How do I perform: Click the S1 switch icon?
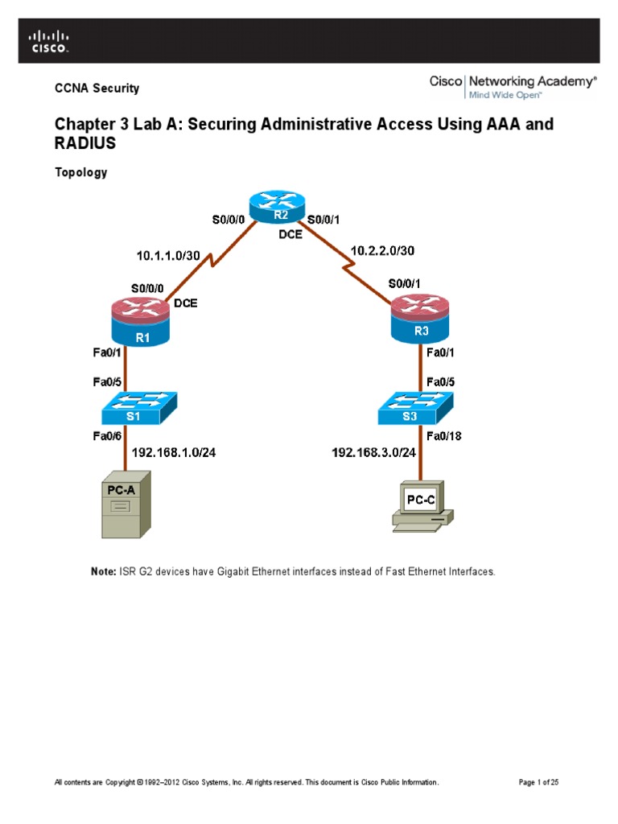140,409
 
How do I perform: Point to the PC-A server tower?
125,509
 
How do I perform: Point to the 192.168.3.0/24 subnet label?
373,452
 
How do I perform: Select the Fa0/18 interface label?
443,436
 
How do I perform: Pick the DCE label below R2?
290,235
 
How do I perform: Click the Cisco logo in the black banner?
49,41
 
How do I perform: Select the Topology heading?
80,172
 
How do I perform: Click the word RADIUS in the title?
85,144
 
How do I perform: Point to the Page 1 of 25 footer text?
541,781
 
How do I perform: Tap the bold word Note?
103,571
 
